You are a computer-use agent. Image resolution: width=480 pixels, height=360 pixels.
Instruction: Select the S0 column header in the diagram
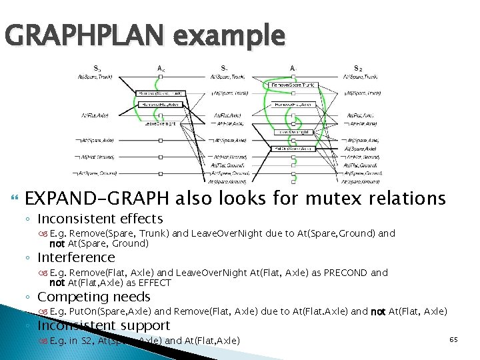97,68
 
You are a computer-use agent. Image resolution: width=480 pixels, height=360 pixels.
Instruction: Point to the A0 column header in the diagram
161,68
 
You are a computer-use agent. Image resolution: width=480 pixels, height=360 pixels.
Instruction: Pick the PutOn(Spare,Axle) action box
294,149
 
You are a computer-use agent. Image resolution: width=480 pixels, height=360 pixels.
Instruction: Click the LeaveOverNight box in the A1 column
294,132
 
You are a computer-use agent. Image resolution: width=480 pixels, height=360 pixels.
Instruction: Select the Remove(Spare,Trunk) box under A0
161,93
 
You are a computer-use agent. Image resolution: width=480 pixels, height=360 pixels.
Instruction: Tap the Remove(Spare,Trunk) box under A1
294,85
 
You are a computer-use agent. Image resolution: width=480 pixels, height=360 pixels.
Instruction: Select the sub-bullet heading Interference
77,257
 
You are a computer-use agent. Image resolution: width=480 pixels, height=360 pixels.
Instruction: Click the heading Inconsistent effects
101,219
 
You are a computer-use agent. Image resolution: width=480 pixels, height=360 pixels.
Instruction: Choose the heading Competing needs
94,297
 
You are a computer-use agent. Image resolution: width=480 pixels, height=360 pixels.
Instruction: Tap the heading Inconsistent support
104,325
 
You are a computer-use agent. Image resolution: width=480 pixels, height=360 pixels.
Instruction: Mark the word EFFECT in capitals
153,283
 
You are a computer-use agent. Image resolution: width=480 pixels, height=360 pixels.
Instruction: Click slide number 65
453,340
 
